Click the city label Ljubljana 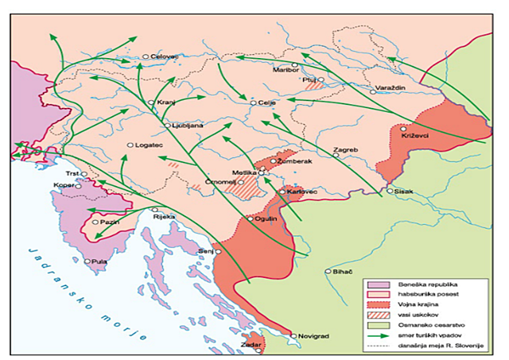(x=189, y=126)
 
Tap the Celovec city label (x=165, y=56)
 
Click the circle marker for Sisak (x=390, y=192)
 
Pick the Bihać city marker (x=328, y=271)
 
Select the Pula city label (x=99, y=261)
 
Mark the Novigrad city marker (x=293, y=336)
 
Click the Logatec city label (x=150, y=145)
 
